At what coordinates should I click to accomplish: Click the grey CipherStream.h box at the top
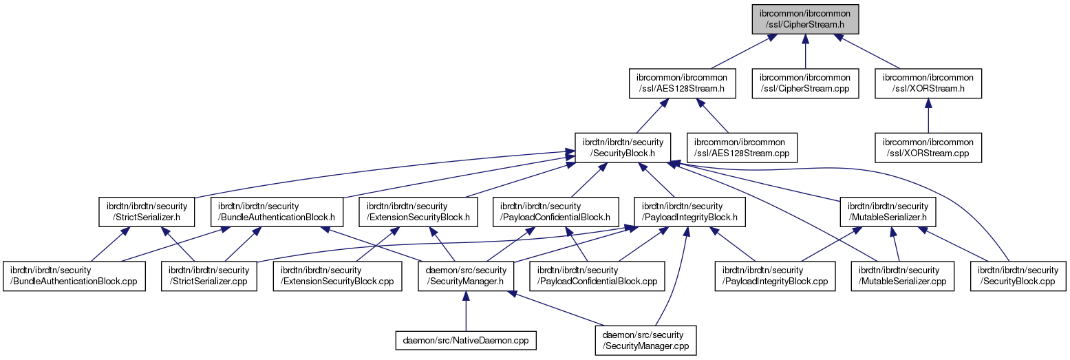(805, 19)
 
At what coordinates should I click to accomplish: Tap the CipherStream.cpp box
(805, 83)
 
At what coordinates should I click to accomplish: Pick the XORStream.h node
(928, 83)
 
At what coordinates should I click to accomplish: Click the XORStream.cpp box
(928, 147)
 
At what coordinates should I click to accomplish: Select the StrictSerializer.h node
(147, 211)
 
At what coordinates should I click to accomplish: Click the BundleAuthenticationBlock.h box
(277, 211)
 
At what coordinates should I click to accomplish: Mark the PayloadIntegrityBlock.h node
(690, 211)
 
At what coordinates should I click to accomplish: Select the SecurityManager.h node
(467, 275)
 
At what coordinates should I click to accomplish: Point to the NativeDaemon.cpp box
(466, 340)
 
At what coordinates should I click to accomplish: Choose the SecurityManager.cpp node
(646, 340)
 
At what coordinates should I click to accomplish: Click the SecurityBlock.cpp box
(1018, 275)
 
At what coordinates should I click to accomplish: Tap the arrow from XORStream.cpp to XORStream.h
(928, 116)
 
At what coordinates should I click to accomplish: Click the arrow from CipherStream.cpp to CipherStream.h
(805, 52)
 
